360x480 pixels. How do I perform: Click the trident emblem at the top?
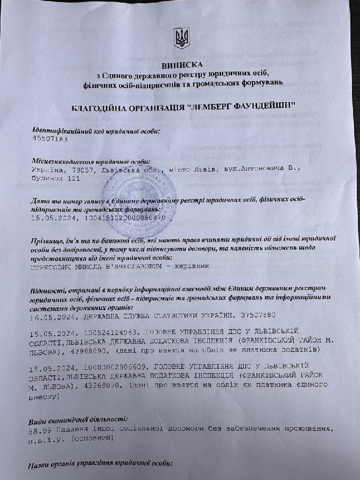tap(181, 37)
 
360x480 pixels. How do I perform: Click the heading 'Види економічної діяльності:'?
tap(81, 420)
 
